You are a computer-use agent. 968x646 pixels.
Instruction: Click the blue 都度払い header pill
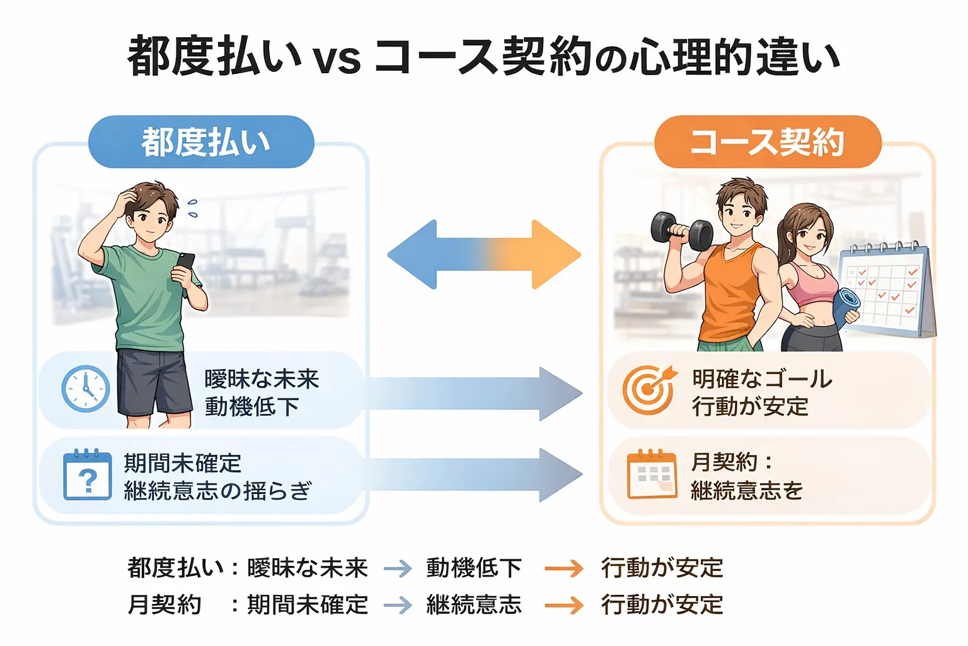coord(202,142)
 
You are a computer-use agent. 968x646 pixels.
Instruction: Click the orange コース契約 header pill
coord(767,142)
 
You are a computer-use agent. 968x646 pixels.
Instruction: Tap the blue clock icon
coord(86,389)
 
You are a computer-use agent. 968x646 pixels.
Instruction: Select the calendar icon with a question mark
coord(88,475)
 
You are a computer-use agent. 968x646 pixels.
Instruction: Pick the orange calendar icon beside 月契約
coord(652,474)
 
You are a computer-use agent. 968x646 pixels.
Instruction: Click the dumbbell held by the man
coord(681,232)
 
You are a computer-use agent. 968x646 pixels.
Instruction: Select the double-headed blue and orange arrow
coord(484,255)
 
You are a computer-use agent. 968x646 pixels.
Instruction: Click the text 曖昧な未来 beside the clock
coord(262,379)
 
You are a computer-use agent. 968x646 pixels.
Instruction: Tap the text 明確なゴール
coord(762,379)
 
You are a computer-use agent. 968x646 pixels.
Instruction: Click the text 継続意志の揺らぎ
coord(217,490)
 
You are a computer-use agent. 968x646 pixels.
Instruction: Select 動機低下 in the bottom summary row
coord(474,568)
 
